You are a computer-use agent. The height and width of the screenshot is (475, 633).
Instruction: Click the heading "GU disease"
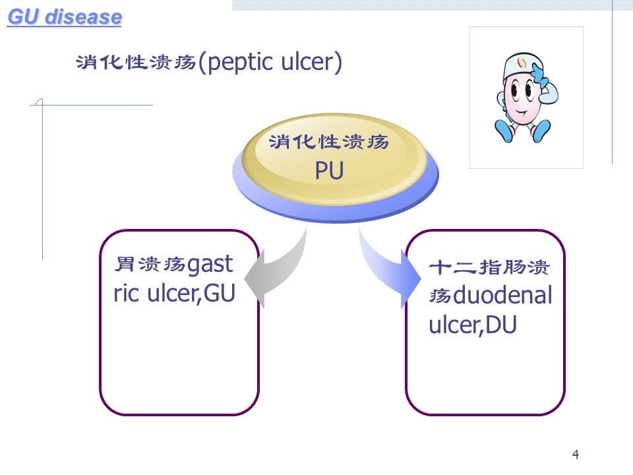pyautogui.click(x=65, y=17)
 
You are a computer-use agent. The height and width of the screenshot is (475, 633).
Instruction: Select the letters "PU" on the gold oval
pyautogui.click(x=329, y=170)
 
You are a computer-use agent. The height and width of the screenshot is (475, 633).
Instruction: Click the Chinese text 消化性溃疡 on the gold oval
pyautogui.click(x=328, y=142)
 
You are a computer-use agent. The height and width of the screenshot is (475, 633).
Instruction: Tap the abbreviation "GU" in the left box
pyautogui.click(x=219, y=293)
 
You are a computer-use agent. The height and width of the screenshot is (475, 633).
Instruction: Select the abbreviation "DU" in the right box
pyautogui.click(x=500, y=325)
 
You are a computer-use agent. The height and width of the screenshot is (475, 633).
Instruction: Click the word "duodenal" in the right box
pyautogui.click(x=502, y=295)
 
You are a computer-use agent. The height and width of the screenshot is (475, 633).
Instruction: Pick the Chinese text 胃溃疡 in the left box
pyautogui.click(x=150, y=265)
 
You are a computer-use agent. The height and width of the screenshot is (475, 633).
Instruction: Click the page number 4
pyautogui.click(x=575, y=455)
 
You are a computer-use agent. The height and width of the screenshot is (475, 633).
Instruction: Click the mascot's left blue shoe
pyautogui.click(x=504, y=130)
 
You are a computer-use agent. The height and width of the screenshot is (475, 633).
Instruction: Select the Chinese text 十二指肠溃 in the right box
pyautogui.click(x=489, y=267)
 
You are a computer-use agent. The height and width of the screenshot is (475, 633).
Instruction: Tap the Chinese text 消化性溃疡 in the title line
pyautogui.click(x=136, y=63)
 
